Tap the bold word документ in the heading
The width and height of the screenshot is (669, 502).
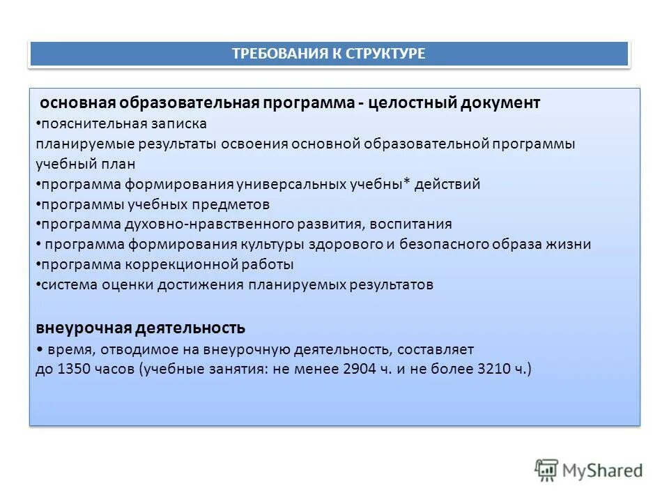500,103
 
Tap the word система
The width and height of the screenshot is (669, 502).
65,284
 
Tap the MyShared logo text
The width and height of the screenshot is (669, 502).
603,471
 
